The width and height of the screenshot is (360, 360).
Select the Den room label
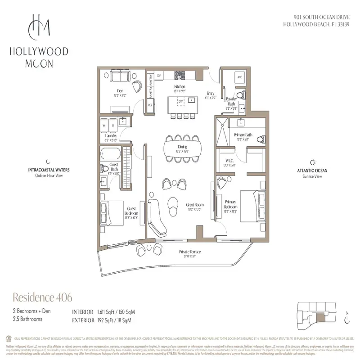pyautogui.click(x=119, y=90)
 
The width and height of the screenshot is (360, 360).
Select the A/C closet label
pyautogui.click(x=240, y=77)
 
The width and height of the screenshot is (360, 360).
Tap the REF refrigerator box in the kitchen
pyautogui.click(x=151, y=105)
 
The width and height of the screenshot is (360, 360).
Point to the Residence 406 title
pyautogui.click(x=42, y=297)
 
